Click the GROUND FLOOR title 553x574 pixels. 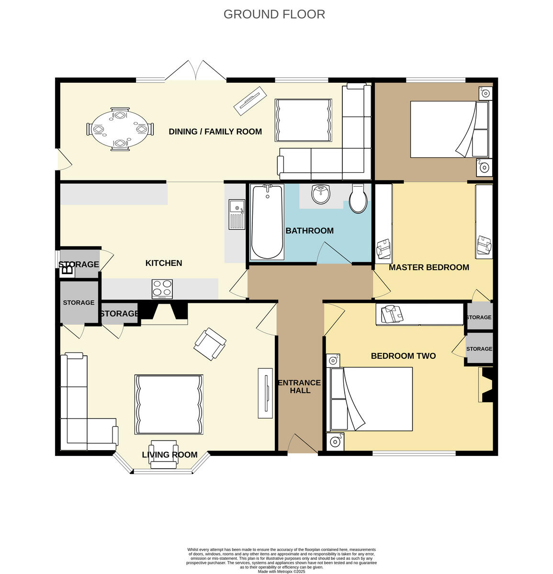274,14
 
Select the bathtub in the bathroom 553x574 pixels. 267,221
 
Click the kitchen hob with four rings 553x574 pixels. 162,289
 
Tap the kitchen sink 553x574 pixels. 237,215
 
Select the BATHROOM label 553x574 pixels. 309,231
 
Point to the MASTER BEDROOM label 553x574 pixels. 429,267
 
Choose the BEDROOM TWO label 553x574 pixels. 403,356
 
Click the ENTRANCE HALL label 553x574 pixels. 300,386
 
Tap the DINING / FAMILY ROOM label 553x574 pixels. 215,132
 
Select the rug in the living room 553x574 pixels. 169,404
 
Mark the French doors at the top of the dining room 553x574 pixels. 196,71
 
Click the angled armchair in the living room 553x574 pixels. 210,343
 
